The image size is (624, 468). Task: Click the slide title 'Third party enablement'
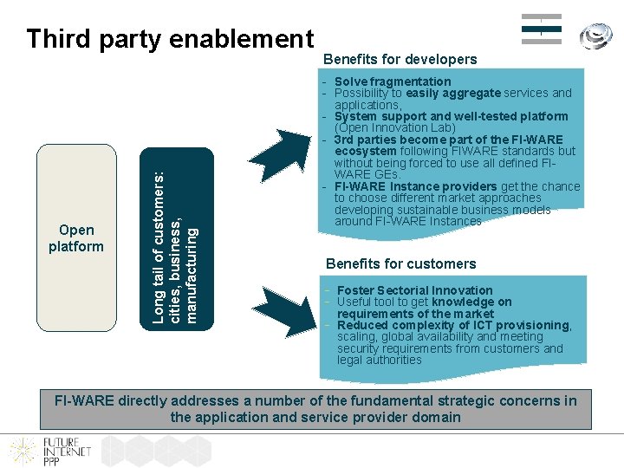coord(170,39)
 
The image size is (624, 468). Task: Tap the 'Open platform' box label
coord(76,238)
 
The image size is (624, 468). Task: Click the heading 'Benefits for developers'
coord(400,60)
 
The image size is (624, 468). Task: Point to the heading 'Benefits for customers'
coord(400,263)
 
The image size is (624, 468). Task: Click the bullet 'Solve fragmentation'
coord(393,81)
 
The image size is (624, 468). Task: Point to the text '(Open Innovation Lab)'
coord(394,127)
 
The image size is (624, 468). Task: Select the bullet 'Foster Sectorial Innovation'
coord(414,290)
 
